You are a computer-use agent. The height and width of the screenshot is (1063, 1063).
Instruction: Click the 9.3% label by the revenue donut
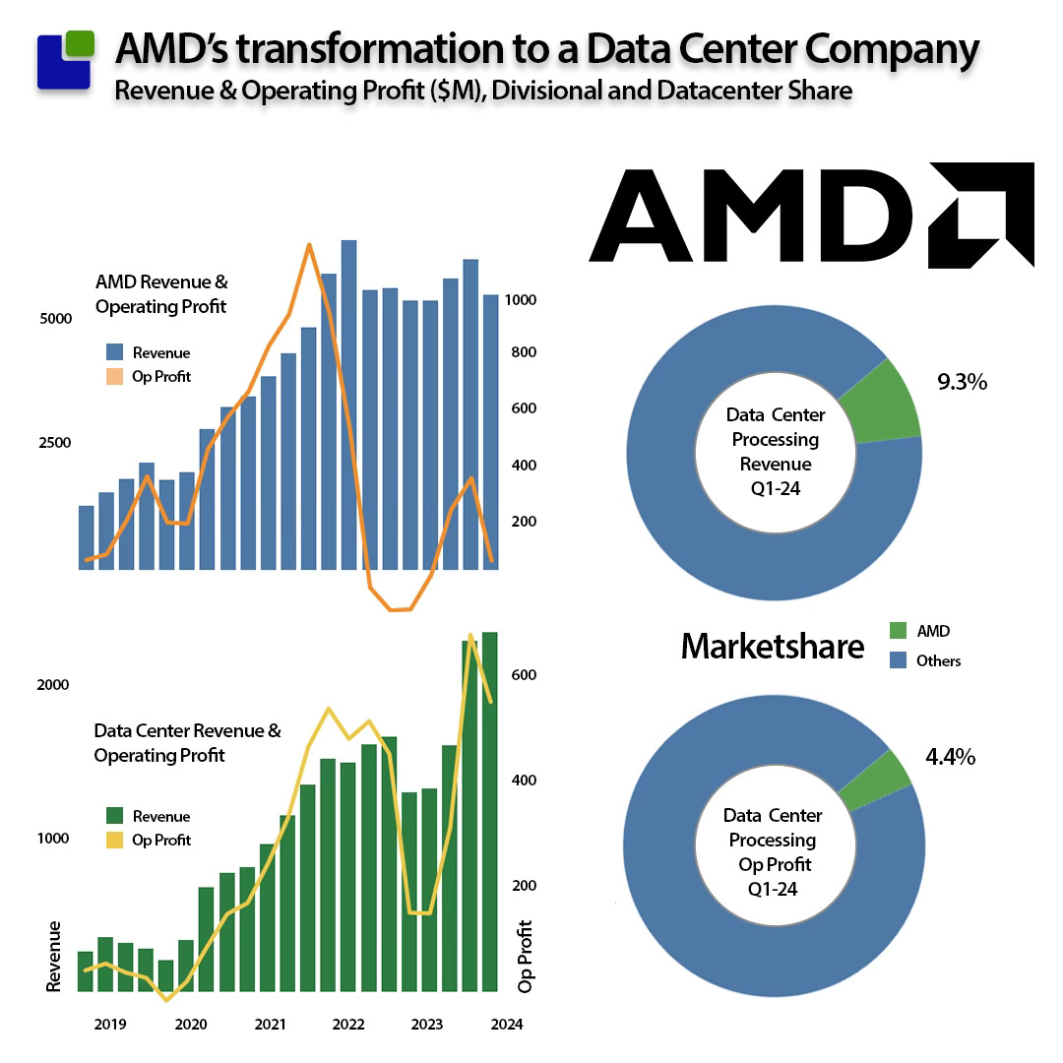962,382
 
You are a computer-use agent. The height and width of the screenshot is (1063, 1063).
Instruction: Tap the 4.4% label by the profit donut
950,757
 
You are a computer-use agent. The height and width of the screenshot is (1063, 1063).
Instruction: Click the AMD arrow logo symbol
981,215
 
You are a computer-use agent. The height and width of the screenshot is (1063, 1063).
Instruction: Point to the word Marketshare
773,647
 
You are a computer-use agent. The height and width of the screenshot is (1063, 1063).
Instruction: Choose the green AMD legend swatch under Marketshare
897,631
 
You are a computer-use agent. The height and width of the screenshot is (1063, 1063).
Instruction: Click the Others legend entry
937,661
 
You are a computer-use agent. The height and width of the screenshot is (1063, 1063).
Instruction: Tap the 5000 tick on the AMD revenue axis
55,319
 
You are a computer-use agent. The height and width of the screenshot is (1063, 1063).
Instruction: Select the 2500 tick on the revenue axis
55,443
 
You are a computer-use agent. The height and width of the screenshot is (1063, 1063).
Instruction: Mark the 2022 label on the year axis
347,1024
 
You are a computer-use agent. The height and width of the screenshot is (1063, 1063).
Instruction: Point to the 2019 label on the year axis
110,1024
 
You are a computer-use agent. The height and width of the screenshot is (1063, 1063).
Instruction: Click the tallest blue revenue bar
348,404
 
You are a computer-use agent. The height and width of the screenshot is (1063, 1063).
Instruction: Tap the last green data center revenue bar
489,812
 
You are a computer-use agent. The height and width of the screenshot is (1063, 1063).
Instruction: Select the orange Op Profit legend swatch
114,377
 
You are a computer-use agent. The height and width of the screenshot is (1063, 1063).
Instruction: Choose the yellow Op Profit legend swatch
114,840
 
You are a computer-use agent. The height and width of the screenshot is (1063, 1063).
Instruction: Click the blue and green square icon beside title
66,61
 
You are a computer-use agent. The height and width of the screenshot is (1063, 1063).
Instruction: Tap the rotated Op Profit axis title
525,956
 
